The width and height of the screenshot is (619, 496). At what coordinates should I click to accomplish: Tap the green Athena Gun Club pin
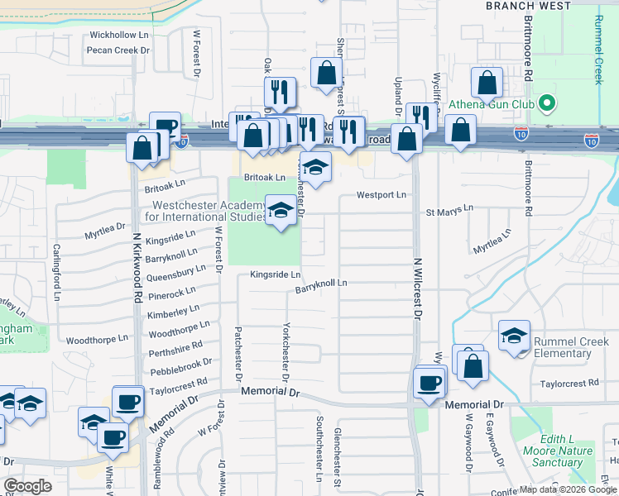tap(545, 104)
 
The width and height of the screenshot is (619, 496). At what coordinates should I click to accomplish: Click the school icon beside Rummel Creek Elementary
tap(515, 336)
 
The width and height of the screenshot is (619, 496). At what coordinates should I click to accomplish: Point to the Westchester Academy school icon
tap(281, 209)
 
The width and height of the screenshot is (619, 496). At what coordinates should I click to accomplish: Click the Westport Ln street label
tap(381, 195)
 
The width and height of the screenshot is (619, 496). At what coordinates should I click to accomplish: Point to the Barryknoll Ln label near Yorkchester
tap(321, 283)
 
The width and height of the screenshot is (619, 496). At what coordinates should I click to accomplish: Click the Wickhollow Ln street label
tap(119, 36)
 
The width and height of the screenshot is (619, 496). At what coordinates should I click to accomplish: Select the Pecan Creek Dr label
tap(118, 50)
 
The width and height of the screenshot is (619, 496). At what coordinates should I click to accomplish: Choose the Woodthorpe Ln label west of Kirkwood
tap(97, 339)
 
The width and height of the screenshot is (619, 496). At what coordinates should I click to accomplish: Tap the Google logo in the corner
tap(27, 486)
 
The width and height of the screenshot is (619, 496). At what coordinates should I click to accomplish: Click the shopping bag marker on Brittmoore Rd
tap(487, 83)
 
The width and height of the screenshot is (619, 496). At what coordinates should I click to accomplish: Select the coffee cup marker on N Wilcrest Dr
tap(429, 383)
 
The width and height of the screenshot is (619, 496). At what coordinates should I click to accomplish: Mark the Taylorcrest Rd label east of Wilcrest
tap(569, 384)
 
